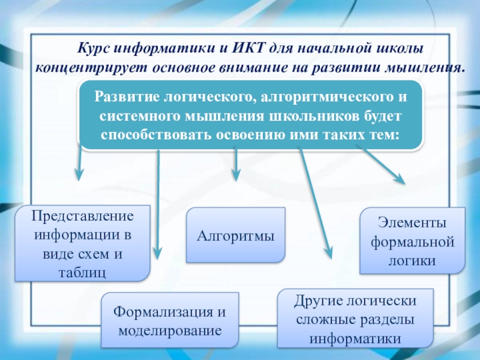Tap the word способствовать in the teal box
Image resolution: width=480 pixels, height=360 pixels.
pos(154,133)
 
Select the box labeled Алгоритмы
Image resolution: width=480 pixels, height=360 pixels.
pos(235,235)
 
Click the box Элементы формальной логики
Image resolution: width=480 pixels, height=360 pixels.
pos(412,241)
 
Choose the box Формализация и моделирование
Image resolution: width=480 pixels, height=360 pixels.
pos(170,322)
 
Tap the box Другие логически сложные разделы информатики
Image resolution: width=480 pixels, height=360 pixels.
pos(355,319)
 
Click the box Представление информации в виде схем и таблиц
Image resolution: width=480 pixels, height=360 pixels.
pos(82,243)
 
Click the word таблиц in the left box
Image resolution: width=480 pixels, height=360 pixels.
pos(82,271)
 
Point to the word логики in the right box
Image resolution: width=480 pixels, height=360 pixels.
pos(411,261)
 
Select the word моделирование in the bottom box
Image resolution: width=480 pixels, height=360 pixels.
pos(170,331)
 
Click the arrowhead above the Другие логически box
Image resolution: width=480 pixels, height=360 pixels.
pos(329,252)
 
